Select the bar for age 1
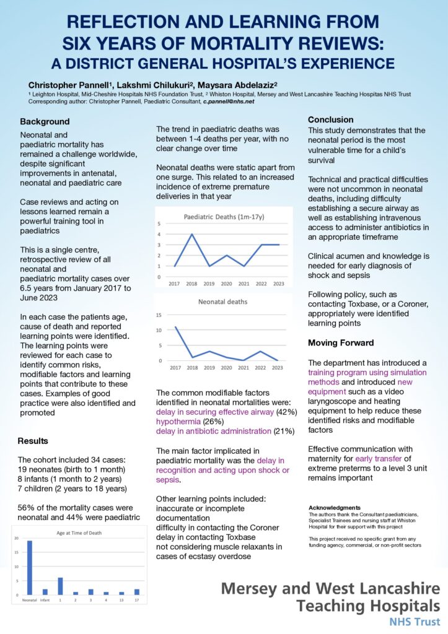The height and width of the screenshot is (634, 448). [x=61, y=586]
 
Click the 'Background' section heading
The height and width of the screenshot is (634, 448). [x=45, y=121]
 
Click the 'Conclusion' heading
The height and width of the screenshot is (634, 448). [x=331, y=119]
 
